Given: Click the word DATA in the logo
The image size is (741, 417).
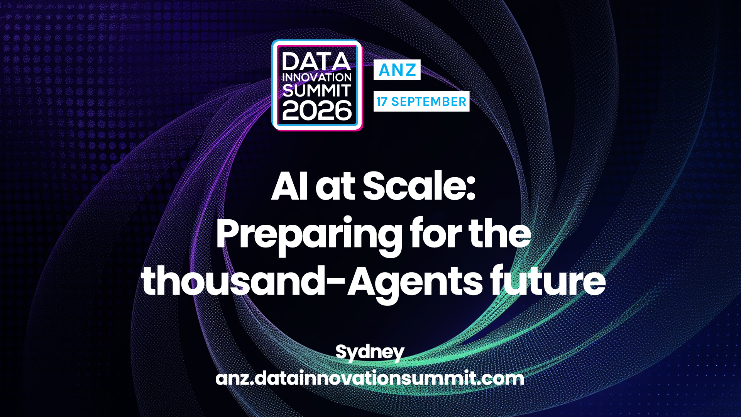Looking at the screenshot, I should [x=316, y=62].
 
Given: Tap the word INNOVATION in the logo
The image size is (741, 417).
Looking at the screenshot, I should [x=317, y=78].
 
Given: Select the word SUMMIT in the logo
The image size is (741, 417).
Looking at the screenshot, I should [x=317, y=91].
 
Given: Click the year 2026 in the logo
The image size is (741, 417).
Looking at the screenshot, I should [x=317, y=111].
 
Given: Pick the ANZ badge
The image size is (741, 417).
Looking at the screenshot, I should [x=397, y=70].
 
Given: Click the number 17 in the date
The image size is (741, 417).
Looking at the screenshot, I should [x=382, y=102].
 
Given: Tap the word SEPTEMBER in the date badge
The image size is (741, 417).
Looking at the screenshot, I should [x=429, y=102].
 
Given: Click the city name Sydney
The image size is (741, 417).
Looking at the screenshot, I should [x=370, y=353].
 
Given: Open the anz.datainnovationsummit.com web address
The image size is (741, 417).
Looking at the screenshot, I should [x=370, y=378].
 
